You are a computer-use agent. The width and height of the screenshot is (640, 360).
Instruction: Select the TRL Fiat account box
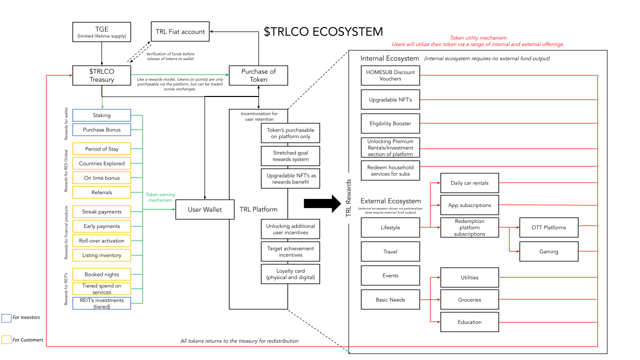point(180,31)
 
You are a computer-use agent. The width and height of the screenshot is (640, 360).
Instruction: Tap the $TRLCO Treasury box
point(101,75)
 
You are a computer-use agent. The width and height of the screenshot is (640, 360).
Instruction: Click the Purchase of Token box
point(258,75)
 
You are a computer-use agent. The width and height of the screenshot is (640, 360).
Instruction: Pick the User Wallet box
point(204,209)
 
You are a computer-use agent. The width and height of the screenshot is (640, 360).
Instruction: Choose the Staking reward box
point(101,115)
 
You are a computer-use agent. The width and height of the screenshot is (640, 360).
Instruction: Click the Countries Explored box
point(101,163)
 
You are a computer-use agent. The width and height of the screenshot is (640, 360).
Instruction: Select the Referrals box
point(101,192)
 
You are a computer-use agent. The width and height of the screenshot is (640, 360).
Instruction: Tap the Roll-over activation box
point(101,240)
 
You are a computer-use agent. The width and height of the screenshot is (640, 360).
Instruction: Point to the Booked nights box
point(101,274)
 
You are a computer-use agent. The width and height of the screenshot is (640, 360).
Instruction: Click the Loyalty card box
point(290,274)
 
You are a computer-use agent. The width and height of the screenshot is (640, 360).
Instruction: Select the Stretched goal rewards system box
point(290,156)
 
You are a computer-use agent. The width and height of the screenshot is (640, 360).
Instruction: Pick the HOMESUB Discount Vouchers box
point(390,75)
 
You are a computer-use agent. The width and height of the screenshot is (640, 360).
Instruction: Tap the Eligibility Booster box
point(390,123)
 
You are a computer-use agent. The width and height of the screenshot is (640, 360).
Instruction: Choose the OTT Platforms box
point(548,227)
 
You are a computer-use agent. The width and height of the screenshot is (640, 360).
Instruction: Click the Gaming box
point(548,251)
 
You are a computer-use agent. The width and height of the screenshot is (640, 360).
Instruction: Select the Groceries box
point(469,299)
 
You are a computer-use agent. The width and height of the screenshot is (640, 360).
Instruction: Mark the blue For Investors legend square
point(6,318)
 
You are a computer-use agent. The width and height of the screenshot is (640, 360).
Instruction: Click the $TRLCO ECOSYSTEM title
point(323,31)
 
